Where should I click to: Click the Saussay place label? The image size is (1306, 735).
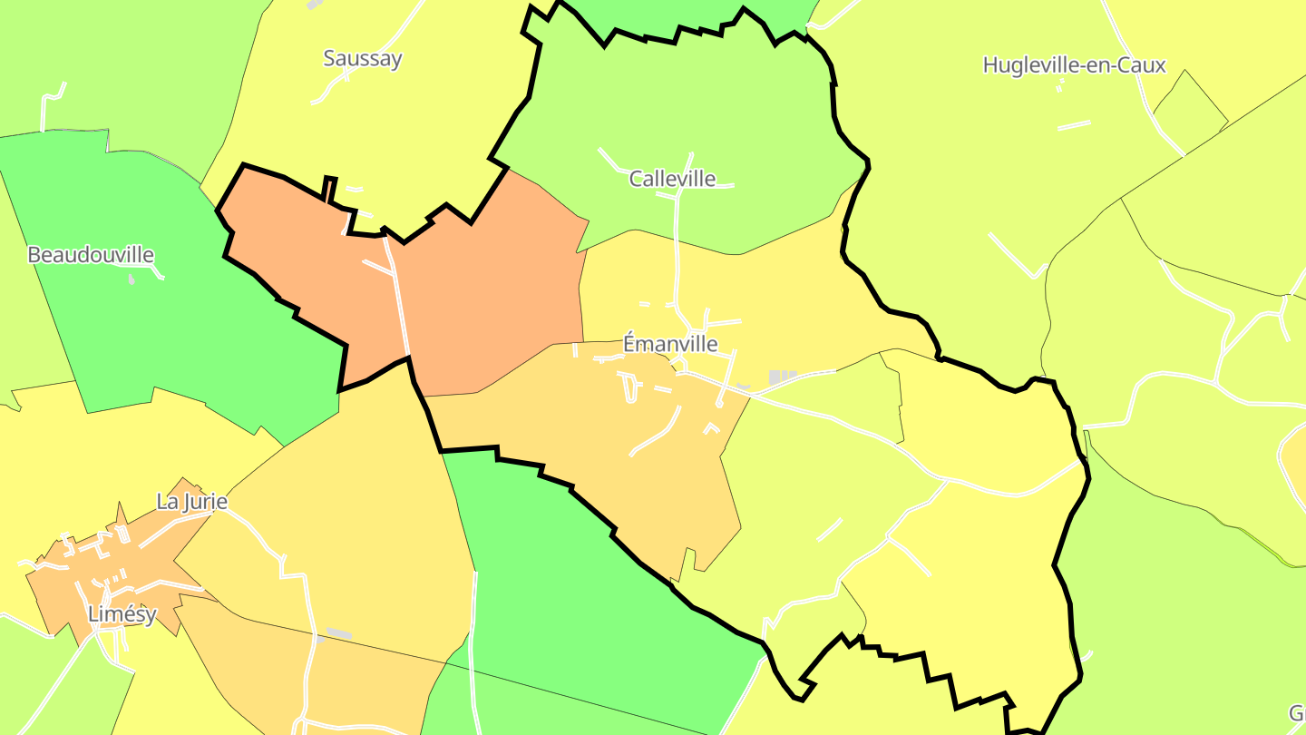click(x=363, y=59)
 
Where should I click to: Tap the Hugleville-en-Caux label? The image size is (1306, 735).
click(x=1074, y=65)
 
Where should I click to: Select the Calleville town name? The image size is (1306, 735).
click(x=672, y=179)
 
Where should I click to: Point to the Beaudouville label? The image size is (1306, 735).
click(x=91, y=255)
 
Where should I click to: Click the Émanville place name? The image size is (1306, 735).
click(x=670, y=344)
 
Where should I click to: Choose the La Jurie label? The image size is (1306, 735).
click(x=191, y=502)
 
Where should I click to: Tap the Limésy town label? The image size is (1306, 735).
click(x=122, y=614)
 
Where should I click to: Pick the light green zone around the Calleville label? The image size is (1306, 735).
click(x=689, y=109)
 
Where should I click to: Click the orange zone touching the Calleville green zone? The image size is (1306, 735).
click(x=490, y=290)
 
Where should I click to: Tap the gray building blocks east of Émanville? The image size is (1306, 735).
click(x=782, y=377)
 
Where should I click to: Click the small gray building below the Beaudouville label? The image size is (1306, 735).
click(x=131, y=279)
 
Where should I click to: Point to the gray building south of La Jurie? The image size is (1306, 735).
click(x=338, y=633)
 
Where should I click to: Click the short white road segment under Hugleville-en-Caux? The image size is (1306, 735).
click(x=1074, y=125)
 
